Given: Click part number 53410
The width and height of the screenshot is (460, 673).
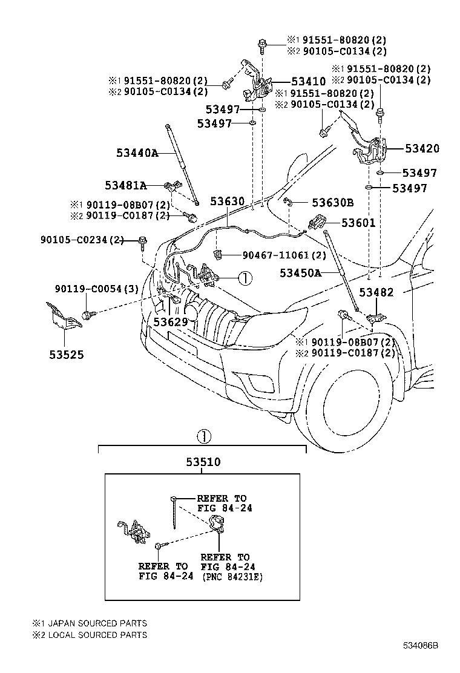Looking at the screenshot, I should (308, 81).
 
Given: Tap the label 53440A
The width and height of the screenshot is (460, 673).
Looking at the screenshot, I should (137, 153).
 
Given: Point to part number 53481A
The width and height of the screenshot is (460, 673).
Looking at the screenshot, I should (125, 185).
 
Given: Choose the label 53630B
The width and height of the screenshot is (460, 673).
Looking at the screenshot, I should (333, 202).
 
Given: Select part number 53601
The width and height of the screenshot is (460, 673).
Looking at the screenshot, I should (358, 223).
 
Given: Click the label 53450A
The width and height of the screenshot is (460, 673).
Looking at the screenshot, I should (300, 273).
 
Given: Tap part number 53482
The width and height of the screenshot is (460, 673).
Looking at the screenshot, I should (376, 292).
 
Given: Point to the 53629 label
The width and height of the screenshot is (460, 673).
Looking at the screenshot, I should (170, 321).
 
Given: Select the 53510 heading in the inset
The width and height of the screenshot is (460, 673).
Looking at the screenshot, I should (203, 462).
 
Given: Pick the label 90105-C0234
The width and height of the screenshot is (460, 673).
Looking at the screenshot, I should (83, 240).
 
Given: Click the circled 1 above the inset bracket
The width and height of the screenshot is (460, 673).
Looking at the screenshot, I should (203, 436).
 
